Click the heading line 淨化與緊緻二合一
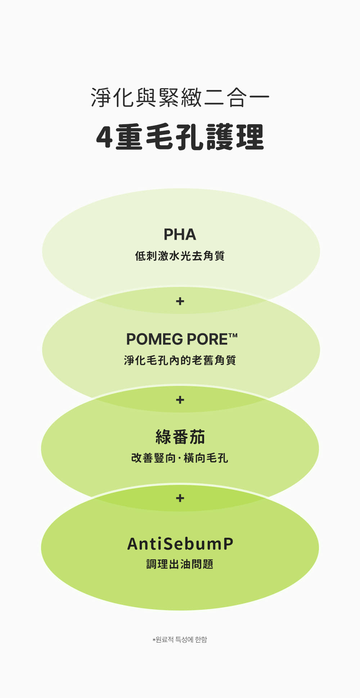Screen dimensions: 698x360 (180, 98)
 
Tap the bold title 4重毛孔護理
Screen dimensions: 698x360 (180, 137)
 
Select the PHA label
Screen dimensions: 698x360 (180, 235)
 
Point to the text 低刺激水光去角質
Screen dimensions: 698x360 (180, 256)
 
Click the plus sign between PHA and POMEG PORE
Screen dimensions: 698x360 (180, 301)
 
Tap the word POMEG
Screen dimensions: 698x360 (154, 339)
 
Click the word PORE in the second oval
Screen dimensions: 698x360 (207, 339)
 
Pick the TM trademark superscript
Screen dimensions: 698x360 (233, 335)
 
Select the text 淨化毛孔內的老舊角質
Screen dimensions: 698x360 (180, 360)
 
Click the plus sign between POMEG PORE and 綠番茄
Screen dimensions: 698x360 (180, 400)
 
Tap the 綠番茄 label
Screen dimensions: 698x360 (180, 437)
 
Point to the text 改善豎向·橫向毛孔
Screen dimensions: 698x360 (180, 458)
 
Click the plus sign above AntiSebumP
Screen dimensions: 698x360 (180, 498)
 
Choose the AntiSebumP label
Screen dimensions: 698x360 (180, 544)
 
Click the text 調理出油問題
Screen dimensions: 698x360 (180, 564)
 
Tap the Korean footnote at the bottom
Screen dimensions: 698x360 (180, 639)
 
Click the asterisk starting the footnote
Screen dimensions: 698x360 (154, 640)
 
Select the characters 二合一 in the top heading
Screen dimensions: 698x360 (237, 98)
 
